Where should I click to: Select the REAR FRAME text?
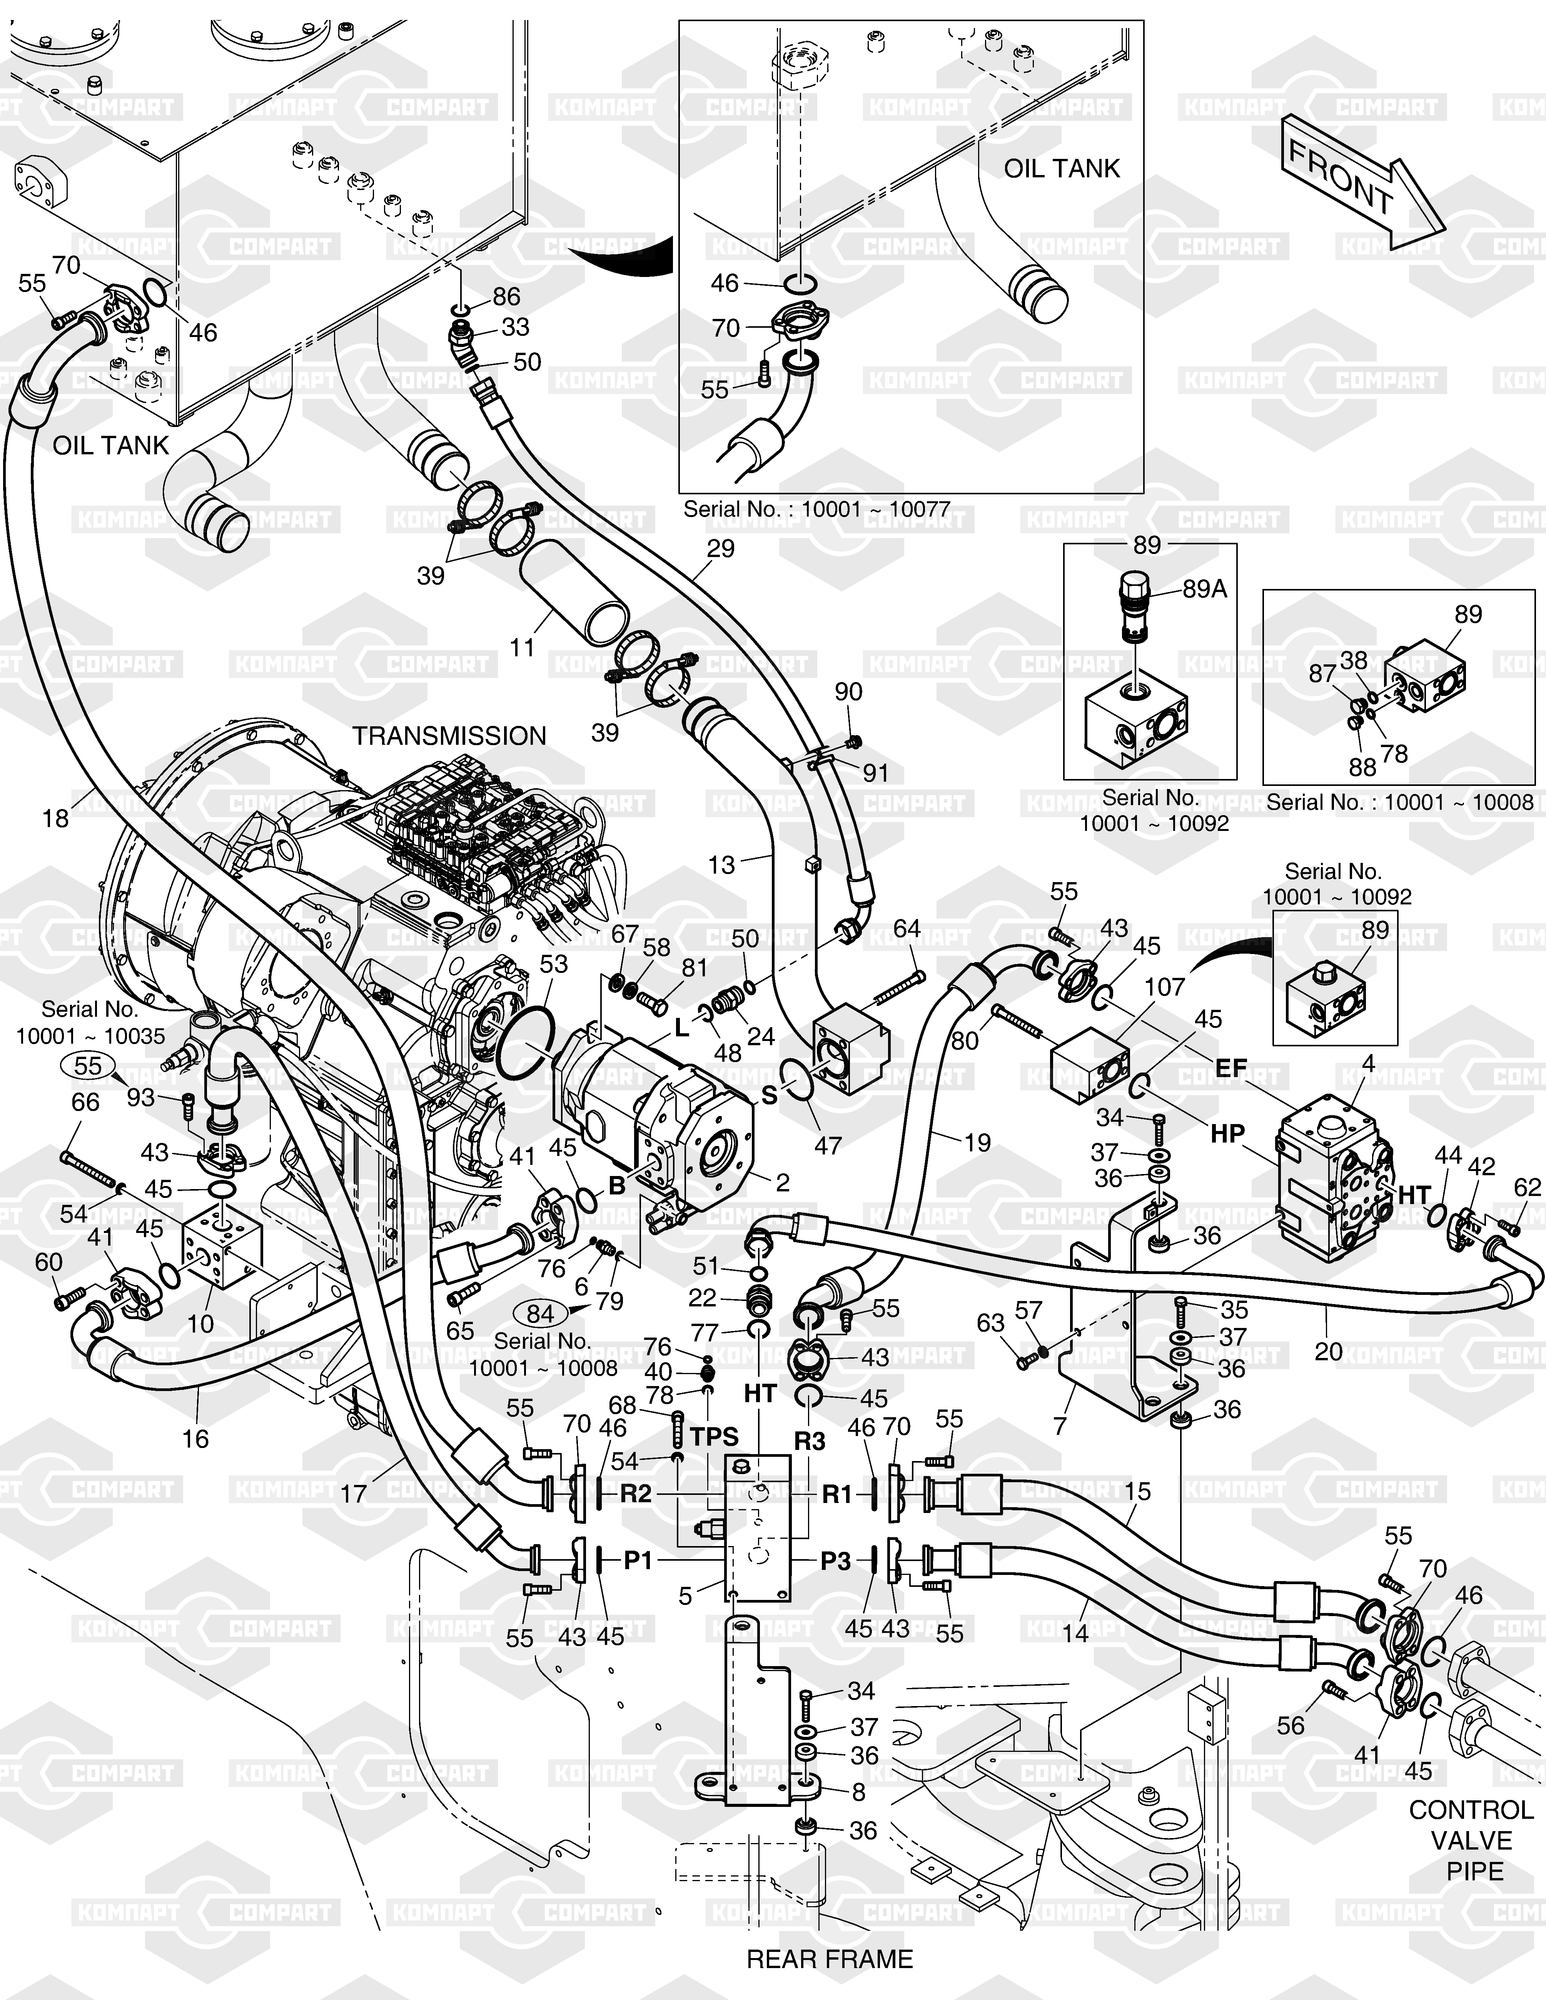(x=830, y=1959)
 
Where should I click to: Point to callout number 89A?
(x=1204, y=589)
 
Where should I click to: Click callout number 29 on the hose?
(x=721, y=549)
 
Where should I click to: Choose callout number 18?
(x=56, y=818)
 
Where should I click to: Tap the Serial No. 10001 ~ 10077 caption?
(x=816, y=509)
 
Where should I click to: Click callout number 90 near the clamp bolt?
(x=848, y=691)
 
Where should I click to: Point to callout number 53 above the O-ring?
(x=553, y=964)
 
